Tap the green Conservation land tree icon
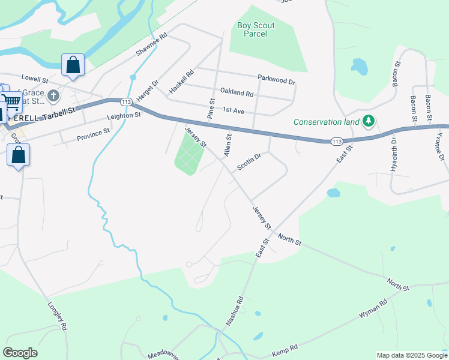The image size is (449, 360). (369, 122)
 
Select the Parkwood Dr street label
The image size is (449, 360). (276, 79)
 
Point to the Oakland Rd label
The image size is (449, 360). (237, 92)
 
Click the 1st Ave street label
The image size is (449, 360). (234, 111)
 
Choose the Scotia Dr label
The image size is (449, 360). (249, 162)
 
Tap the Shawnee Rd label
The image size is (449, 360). (151, 45)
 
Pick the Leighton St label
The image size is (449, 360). (124, 115)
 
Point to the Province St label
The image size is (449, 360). (93, 134)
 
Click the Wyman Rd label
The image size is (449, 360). (374, 308)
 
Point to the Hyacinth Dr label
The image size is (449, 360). (394, 155)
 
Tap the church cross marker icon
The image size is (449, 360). (54, 95)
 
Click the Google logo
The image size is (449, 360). (20, 353)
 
